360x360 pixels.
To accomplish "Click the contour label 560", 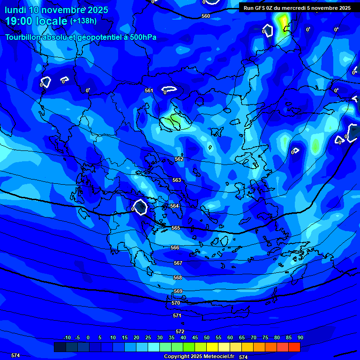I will coord(206,16).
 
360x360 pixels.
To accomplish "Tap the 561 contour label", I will coord(149,90).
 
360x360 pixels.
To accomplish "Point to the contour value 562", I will coord(179,159).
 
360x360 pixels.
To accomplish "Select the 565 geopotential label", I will coord(176,228).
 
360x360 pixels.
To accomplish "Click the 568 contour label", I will coord(178,277).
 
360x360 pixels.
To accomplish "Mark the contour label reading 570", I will coord(176,303).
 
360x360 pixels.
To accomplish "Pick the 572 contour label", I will coord(180,331).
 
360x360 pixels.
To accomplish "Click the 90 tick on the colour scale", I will coord(300,337).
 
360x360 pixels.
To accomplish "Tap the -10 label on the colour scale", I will coord(67,337).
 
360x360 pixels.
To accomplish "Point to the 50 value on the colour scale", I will coord(207,337).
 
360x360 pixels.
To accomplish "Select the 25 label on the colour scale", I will coord(148,337).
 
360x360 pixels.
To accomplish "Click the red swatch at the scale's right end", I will coord(294,347).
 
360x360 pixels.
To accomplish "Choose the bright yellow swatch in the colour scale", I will coord(212,347).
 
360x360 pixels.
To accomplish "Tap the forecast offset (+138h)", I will coord(83,21).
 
